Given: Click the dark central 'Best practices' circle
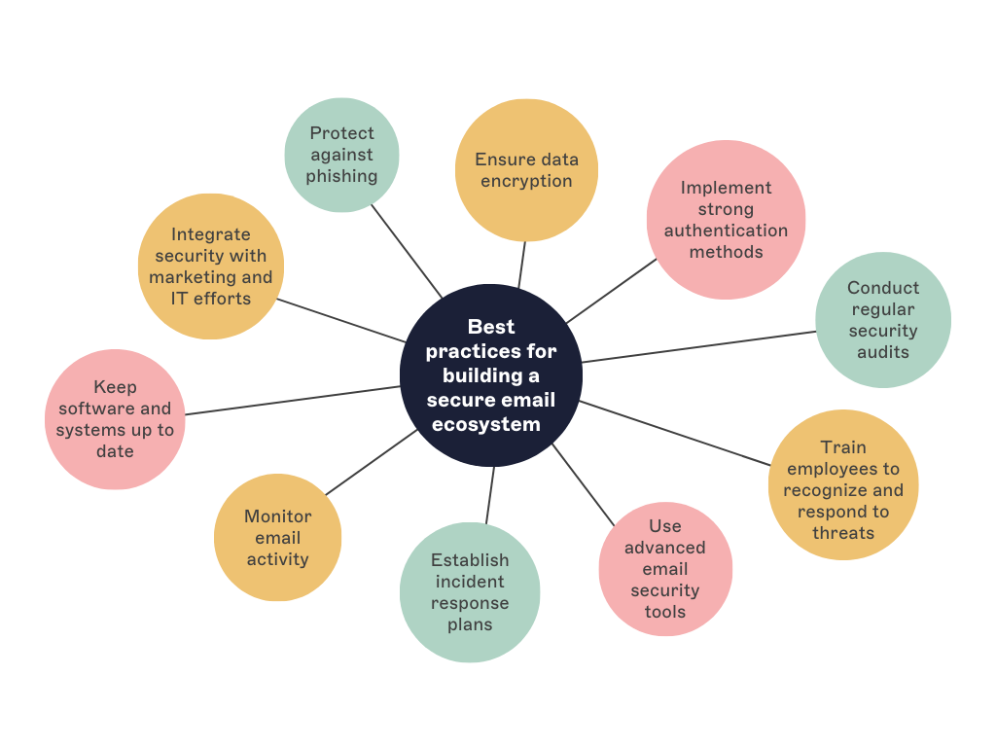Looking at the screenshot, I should pyautogui.click(x=491, y=375).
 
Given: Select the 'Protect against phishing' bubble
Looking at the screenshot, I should pyautogui.click(x=341, y=155).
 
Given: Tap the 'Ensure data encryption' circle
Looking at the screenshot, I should pyautogui.click(x=526, y=170).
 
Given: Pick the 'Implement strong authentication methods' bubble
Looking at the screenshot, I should pyautogui.click(x=726, y=220).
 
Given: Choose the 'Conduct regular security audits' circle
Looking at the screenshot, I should pyautogui.click(x=883, y=320).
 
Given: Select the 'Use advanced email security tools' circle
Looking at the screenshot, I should pyautogui.click(x=665, y=569).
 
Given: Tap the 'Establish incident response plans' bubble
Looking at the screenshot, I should pyautogui.click(x=470, y=592).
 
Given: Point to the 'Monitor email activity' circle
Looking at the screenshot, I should pyautogui.click(x=278, y=538).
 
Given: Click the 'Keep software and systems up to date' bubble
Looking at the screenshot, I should pyautogui.click(x=115, y=419).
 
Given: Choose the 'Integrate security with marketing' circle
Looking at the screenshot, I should pyautogui.click(x=211, y=267).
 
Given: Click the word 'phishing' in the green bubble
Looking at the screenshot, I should pyautogui.click(x=341, y=176).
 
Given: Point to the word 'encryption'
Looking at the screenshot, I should pyautogui.click(x=526, y=181).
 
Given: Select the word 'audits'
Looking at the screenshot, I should pyautogui.click(x=883, y=352).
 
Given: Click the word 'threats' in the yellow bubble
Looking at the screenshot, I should pyautogui.click(x=843, y=533).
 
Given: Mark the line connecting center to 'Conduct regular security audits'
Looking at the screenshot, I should pyautogui.click(x=698, y=346).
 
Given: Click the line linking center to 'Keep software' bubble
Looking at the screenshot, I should pyautogui.click(x=292, y=401).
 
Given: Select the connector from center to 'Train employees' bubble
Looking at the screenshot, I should pyautogui.click(x=674, y=433).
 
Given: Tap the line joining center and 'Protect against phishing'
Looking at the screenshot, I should pyautogui.click(x=407, y=250).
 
